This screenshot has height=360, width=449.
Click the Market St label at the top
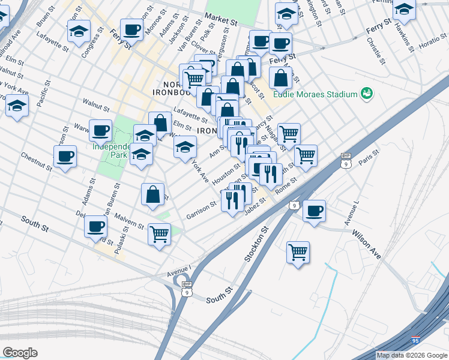221,20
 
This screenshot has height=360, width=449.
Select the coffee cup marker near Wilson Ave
315,211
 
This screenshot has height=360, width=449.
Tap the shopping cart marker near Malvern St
159,234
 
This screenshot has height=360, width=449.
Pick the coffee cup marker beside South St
96,227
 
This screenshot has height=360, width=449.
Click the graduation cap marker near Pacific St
17,106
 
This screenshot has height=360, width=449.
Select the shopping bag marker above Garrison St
153,194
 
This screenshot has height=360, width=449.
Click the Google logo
20,352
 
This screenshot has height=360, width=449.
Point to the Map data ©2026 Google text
412,355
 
